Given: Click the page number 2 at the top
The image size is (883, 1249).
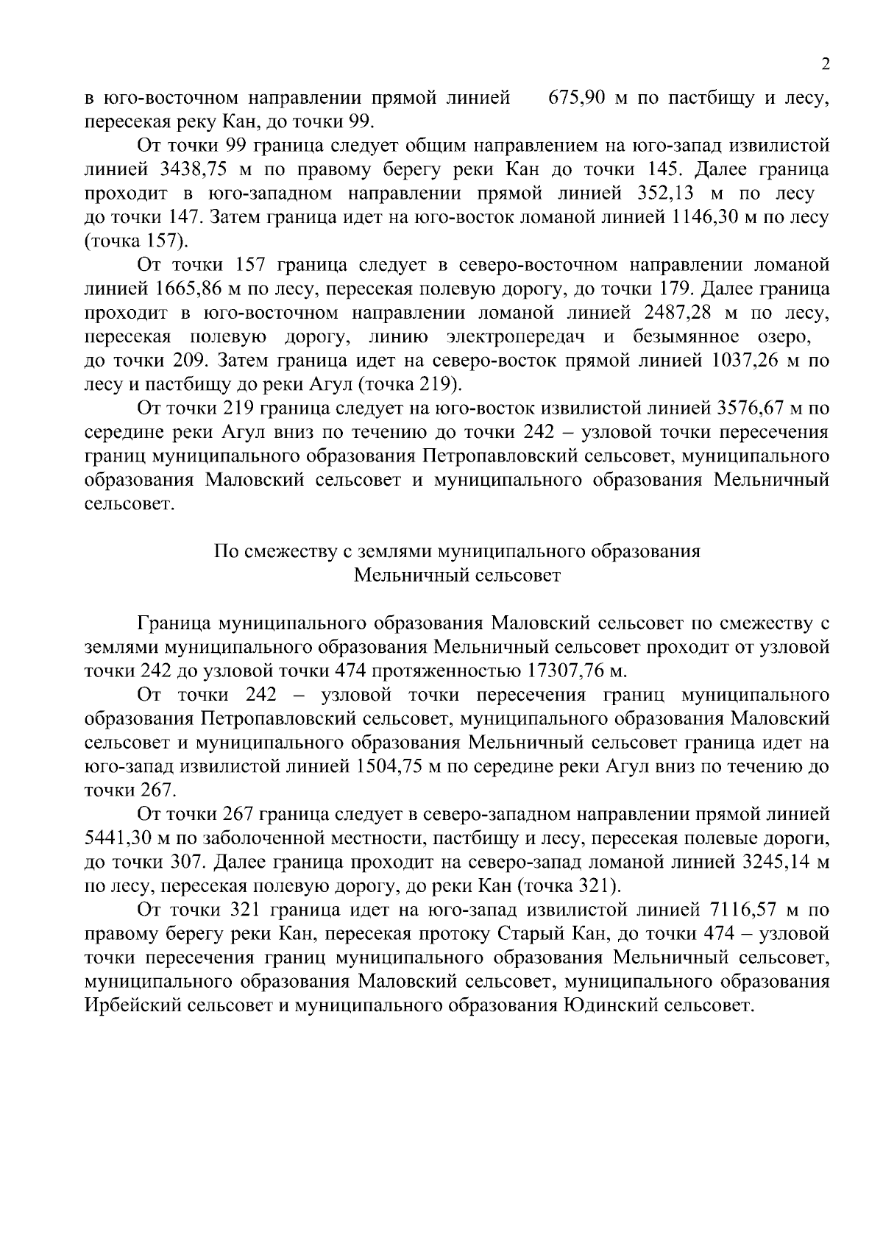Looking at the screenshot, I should (x=826, y=65).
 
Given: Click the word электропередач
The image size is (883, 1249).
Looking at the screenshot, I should (x=517, y=337).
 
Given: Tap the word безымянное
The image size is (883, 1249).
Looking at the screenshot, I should (x=686, y=337).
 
